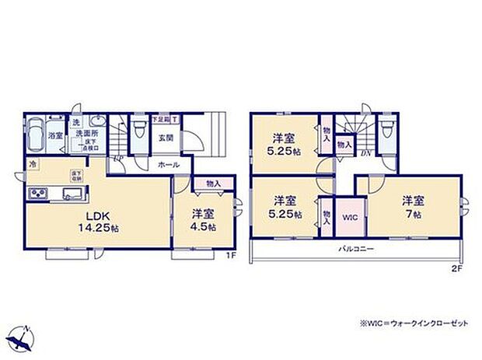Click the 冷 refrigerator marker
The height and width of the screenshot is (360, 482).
[x=33, y=164]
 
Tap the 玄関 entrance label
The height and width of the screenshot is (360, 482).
[x=166, y=138]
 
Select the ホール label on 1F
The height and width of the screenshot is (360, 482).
[x=169, y=165]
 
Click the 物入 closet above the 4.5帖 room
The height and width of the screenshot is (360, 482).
[x=213, y=183]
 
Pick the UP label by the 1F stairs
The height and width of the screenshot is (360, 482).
[x=117, y=161]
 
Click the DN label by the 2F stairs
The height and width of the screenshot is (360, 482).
[x=365, y=153]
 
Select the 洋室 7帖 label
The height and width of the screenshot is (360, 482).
[x=413, y=206]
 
